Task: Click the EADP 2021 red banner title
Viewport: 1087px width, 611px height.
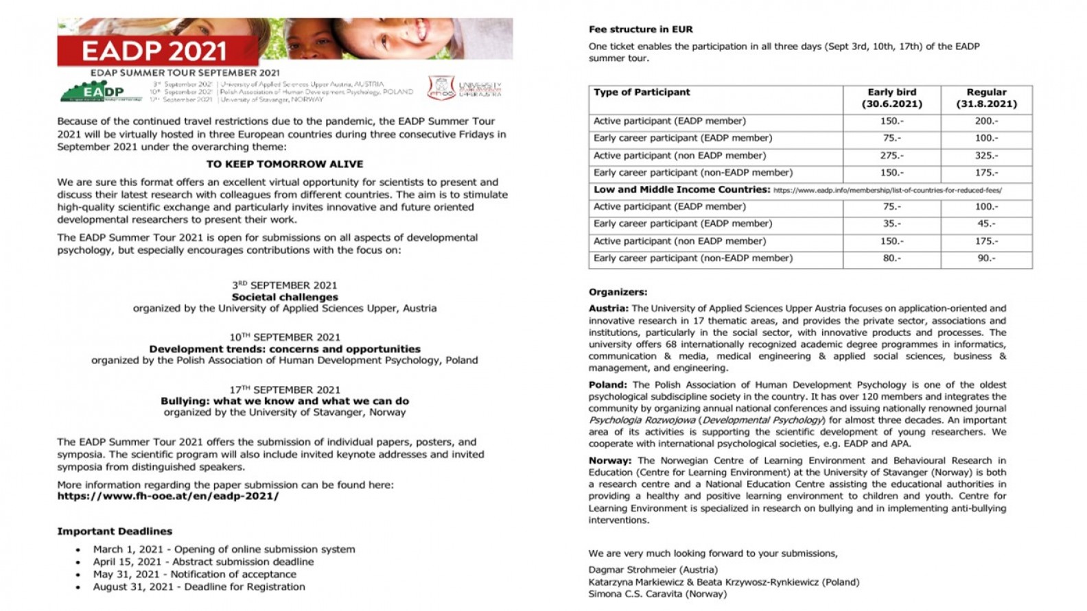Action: pyautogui.click(x=154, y=50)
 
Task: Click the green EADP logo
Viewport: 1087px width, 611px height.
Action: pyautogui.click(x=102, y=91)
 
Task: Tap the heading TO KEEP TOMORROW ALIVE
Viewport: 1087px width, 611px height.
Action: pyautogui.click(x=285, y=165)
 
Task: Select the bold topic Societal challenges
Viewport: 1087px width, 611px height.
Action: pyautogui.click(x=285, y=297)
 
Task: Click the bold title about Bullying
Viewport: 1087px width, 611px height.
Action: pyautogui.click(x=285, y=401)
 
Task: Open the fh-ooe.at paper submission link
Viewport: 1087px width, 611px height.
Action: pyautogui.click(x=168, y=496)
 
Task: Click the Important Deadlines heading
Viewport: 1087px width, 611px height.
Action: pyautogui.click(x=115, y=531)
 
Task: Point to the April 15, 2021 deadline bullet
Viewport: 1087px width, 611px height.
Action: pyautogui.click(x=203, y=562)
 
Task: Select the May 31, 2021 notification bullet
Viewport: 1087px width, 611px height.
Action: pyautogui.click(x=195, y=574)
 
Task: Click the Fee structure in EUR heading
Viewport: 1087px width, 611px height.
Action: pyautogui.click(x=641, y=29)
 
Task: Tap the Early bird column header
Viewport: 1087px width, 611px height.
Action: pyautogui.click(x=891, y=98)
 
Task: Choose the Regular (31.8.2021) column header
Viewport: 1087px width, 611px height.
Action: pyautogui.click(x=986, y=98)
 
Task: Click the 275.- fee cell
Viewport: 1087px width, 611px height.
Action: pyautogui.click(x=891, y=156)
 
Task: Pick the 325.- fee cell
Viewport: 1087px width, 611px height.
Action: pyautogui.click(x=986, y=156)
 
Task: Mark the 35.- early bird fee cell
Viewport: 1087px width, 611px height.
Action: pyautogui.click(x=891, y=224)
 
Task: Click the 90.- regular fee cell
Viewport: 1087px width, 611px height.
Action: pyautogui.click(x=986, y=259)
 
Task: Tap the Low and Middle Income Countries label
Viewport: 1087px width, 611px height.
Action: pyautogui.click(x=682, y=190)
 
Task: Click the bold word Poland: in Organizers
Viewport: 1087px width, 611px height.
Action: pyautogui.click(x=608, y=385)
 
